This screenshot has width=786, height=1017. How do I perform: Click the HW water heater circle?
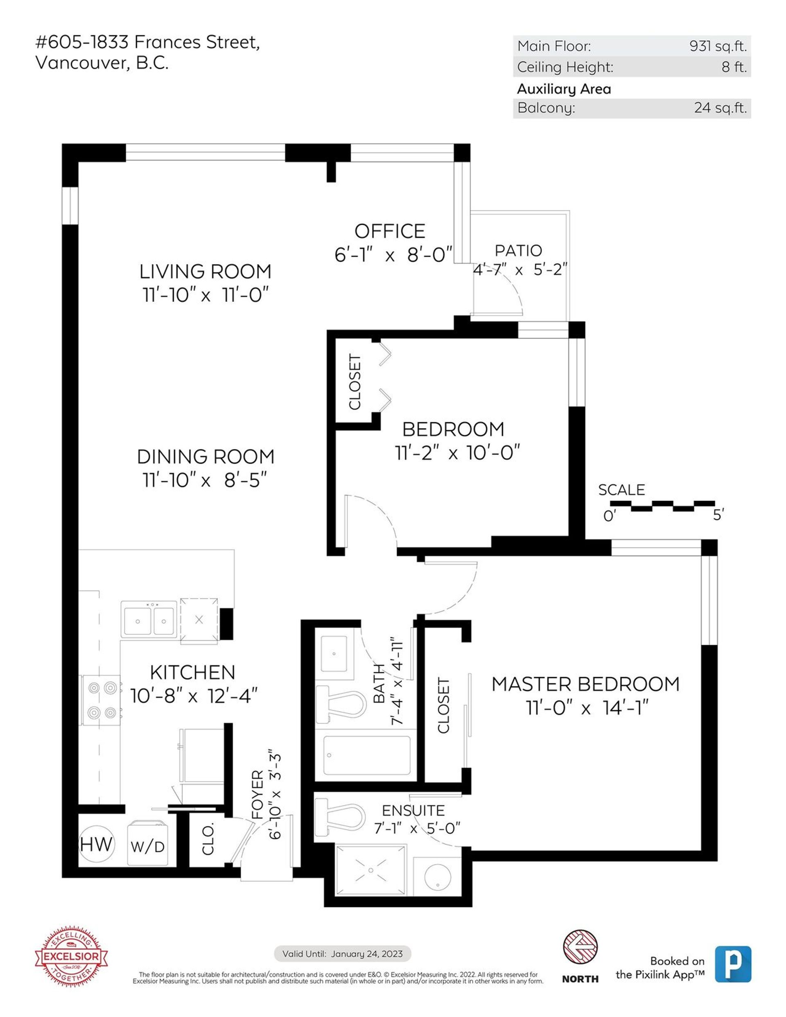pyautogui.click(x=96, y=844)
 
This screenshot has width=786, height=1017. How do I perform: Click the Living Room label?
pyautogui.click(x=206, y=271)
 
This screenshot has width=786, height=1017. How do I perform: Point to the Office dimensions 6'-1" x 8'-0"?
pyautogui.click(x=393, y=255)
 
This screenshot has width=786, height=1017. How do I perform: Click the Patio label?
pyautogui.click(x=518, y=251)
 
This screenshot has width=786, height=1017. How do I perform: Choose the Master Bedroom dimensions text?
pyautogui.click(x=587, y=708)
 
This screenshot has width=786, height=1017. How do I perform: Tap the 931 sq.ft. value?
pyautogui.click(x=718, y=46)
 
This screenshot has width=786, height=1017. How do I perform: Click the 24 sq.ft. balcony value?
pyautogui.click(x=720, y=108)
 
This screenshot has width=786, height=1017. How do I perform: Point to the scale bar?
pyautogui.click(x=662, y=505)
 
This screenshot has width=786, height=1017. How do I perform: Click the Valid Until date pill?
pyautogui.click(x=342, y=953)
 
